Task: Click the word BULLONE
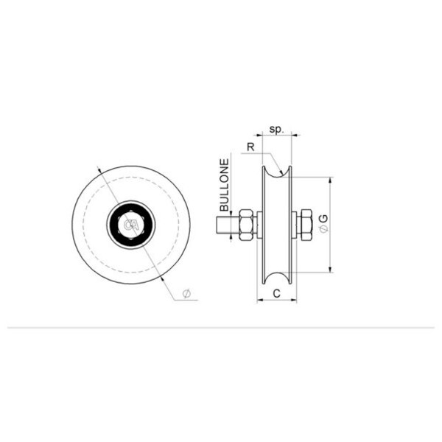[x=225, y=185]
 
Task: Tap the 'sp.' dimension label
[x=276, y=130]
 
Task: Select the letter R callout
[x=250, y=147]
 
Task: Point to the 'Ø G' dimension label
[x=324, y=224]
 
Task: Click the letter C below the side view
[x=277, y=293]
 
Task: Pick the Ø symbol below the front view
[x=186, y=293]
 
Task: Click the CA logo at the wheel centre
[x=132, y=225]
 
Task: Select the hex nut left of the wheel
[x=246, y=225]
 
